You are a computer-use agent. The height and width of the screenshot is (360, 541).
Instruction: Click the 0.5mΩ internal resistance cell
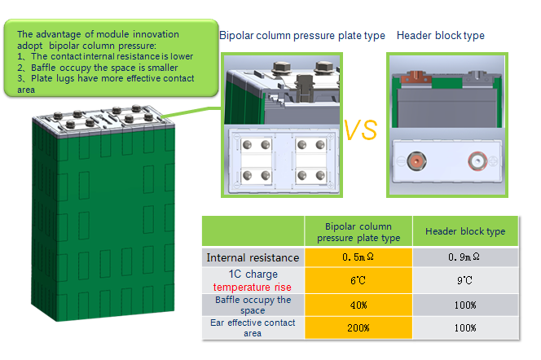[358, 257]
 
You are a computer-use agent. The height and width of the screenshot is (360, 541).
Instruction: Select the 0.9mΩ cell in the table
[465, 257]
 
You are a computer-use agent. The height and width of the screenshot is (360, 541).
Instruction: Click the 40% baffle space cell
[358, 305]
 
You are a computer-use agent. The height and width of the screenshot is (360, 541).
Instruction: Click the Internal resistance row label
[253, 257]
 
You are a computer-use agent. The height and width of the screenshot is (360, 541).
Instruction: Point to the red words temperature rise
[253, 287]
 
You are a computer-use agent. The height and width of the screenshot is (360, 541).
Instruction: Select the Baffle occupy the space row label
[253, 305]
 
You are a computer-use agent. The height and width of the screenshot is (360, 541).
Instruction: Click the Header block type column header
[465, 231]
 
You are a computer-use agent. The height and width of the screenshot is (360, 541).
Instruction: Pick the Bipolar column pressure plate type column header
[358, 231]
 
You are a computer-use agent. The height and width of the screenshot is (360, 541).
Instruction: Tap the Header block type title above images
[440, 36]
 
